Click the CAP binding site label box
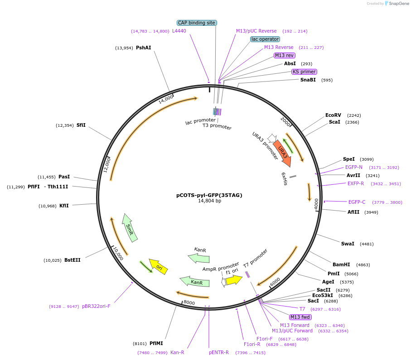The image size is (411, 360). (x=197, y=23)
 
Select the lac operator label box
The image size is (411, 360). (x=265, y=39)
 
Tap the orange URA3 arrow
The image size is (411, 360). (x=283, y=153)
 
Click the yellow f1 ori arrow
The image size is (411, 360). (x=234, y=280)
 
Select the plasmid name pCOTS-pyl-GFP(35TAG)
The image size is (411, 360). (x=209, y=196)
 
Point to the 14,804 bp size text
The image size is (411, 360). (x=209, y=201)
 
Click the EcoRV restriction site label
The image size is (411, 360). (x=333, y=115)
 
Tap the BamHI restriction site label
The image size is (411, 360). (x=341, y=264)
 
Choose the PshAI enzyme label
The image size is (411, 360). (x=144, y=48)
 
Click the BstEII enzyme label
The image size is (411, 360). (x=73, y=260)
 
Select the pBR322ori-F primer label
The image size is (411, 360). (x=96, y=307)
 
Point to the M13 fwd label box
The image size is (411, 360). (x=300, y=317)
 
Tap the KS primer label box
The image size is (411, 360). (x=304, y=72)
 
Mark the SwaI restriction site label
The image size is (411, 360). (x=348, y=244)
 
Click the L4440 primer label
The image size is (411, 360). (x=179, y=31)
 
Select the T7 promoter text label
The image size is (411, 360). (x=255, y=258)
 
